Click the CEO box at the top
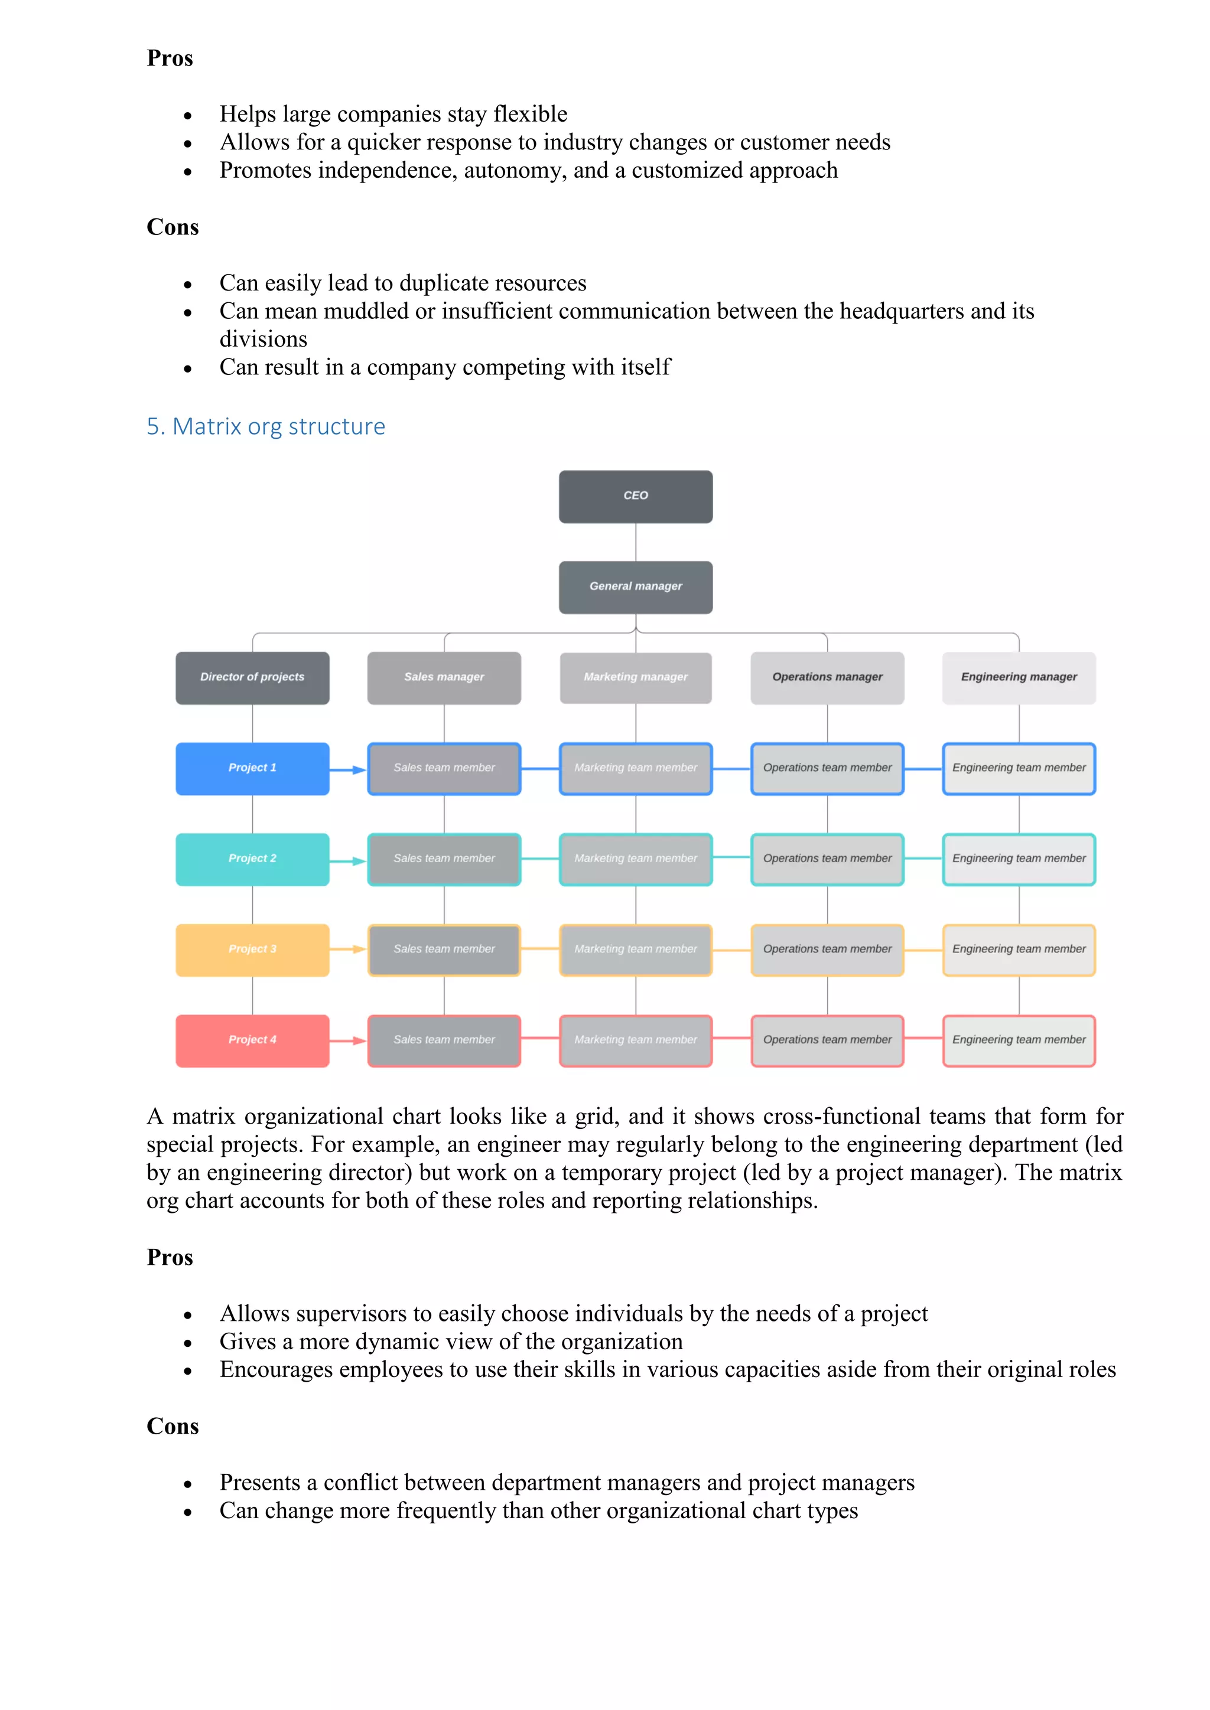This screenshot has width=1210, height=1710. (x=636, y=496)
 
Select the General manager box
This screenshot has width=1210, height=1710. (x=636, y=587)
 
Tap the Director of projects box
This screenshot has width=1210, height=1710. (x=253, y=678)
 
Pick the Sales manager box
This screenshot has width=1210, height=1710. (x=444, y=678)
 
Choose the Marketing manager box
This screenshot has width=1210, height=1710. (x=636, y=678)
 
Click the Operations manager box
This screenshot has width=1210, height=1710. (x=827, y=678)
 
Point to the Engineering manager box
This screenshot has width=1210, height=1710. (x=1019, y=678)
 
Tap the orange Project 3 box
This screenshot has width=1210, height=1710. (x=253, y=949)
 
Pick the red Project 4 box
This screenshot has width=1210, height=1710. (x=253, y=1040)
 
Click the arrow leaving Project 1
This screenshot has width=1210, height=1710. (x=348, y=769)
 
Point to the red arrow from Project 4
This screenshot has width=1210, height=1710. (x=348, y=1040)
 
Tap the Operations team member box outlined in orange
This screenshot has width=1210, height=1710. (x=827, y=949)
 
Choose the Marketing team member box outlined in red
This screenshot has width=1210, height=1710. (x=636, y=1040)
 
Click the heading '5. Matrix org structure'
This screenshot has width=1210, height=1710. (x=266, y=427)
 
